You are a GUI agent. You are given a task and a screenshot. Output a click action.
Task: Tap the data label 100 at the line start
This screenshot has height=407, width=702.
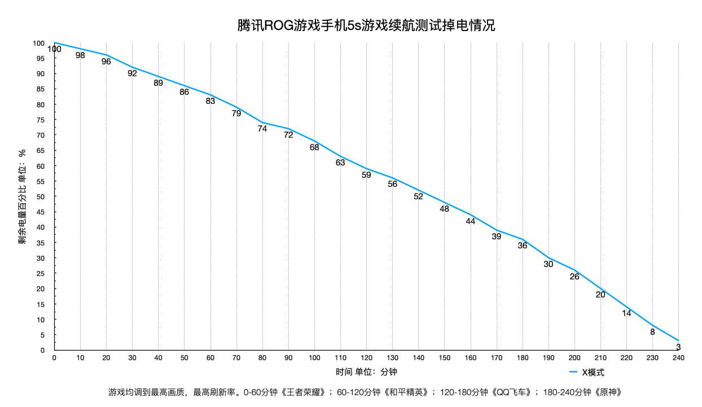54,49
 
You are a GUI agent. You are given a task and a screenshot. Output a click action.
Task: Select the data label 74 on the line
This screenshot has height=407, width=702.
262,129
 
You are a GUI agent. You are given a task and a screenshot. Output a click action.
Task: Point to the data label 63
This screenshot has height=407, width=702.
340,163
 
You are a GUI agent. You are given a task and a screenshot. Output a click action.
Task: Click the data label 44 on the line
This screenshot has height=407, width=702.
471,221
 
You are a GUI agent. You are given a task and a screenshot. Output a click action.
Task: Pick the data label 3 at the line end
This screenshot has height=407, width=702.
678,347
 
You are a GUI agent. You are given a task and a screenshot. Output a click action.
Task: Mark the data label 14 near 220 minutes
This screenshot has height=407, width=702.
626,313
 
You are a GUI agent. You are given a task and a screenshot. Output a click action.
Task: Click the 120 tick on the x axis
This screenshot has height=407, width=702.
366,358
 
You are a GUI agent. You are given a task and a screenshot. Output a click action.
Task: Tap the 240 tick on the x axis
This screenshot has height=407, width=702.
678,358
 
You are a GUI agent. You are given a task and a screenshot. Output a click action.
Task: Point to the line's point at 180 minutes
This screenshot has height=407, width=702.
523,239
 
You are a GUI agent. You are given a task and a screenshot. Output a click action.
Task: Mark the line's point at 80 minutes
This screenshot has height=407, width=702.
262,122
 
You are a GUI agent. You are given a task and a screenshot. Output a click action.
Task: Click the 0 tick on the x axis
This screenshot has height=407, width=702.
54,358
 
